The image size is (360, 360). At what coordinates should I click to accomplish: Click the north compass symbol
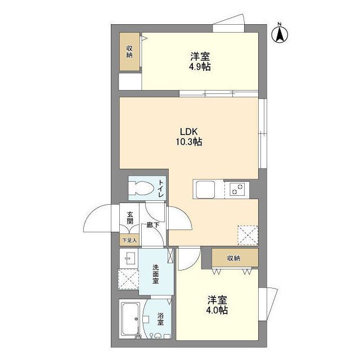pyautogui.click(x=280, y=34)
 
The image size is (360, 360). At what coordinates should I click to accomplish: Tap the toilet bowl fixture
pyautogui.click(x=141, y=188)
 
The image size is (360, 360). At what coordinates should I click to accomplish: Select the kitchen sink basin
pyautogui.click(x=205, y=190)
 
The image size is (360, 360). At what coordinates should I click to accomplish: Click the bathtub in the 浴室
pyautogui.click(x=130, y=319)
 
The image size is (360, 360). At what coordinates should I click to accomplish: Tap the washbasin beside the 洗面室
pyautogui.click(x=129, y=258)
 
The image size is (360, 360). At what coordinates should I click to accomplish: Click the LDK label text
pyautogui.click(x=189, y=132)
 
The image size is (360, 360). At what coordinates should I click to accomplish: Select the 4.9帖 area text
pyautogui.click(x=200, y=67)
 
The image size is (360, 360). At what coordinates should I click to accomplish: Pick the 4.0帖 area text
pyautogui.click(x=217, y=310)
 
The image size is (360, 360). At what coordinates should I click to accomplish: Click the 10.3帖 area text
pyautogui.click(x=189, y=142)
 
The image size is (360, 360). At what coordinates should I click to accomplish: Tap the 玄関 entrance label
pyautogui.click(x=130, y=218)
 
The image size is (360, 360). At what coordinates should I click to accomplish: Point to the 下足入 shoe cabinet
pyautogui.click(x=129, y=240)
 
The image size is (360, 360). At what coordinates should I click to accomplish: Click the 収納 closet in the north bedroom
pyautogui.click(x=129, y=52)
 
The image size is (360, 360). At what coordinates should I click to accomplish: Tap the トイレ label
pyautogui.click(x=161, y=188)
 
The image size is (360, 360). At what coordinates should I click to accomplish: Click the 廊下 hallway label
pyautogui.click(x=153, y=225)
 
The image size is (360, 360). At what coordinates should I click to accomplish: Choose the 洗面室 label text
pyautogui.click(x=155, y=274)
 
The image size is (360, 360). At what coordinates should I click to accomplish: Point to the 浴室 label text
pyautogui.click(x=160, y=318)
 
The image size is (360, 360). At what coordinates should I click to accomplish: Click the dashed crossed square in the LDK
pyautogui.click(x=247, y=236)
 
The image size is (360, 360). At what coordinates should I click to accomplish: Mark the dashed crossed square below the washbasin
pyautogui.click(x=128, y=279)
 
